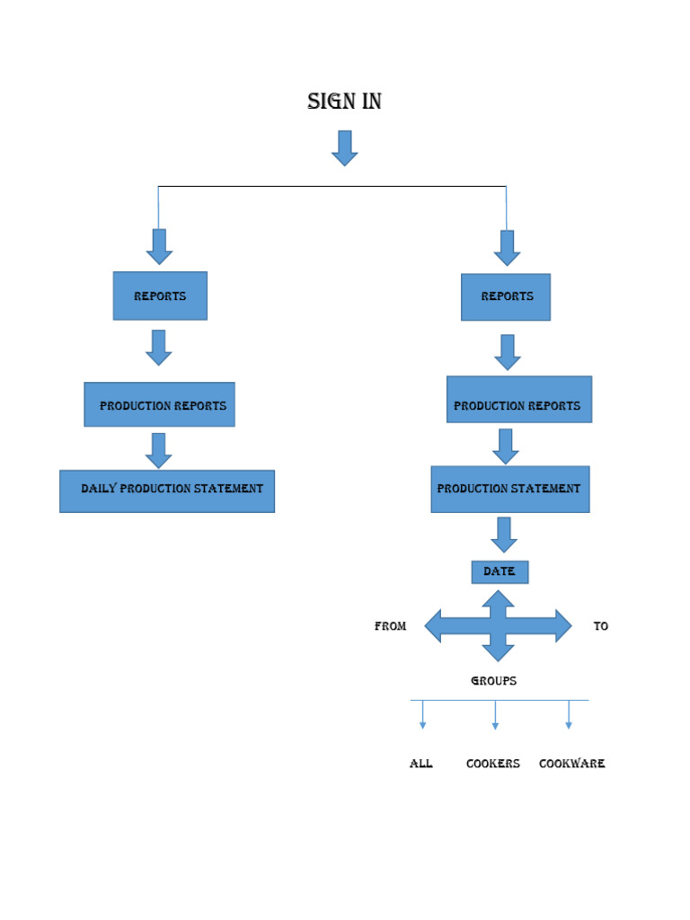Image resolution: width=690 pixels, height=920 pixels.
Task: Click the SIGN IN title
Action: coord(344,102)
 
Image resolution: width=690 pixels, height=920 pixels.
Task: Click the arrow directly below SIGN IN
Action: coord(345,148)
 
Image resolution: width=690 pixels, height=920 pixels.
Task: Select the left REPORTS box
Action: coord(160,296)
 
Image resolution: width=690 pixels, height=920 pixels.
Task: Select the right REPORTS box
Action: coord(506,296)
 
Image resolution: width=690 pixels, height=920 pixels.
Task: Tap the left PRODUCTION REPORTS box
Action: coord(160,405)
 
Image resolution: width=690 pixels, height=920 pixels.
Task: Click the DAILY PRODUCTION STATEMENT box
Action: coord(167,491)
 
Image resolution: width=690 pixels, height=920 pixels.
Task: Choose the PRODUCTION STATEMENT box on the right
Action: coord(509,490)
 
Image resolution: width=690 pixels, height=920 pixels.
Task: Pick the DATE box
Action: coord(500,572)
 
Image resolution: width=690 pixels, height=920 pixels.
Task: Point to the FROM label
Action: coord(390,626)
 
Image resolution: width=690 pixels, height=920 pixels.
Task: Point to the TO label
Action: coord(601,626)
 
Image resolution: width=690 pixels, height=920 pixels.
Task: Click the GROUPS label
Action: coord(493,681)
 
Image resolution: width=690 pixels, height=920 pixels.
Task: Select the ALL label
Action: coord(420,764)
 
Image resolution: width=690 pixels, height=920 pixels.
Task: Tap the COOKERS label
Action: coord(492,764)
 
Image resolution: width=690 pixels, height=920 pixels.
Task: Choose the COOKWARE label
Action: coord(571,764)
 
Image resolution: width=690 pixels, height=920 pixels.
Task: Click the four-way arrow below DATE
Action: coord(498,626)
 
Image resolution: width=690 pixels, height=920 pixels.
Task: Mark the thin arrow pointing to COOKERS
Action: coord(495,715)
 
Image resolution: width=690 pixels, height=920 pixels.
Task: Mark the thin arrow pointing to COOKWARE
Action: coord(569,715)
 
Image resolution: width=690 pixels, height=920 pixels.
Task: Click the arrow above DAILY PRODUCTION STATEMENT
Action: coord(159,450)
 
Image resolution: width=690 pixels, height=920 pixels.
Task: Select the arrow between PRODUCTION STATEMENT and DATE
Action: coord(504,535)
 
